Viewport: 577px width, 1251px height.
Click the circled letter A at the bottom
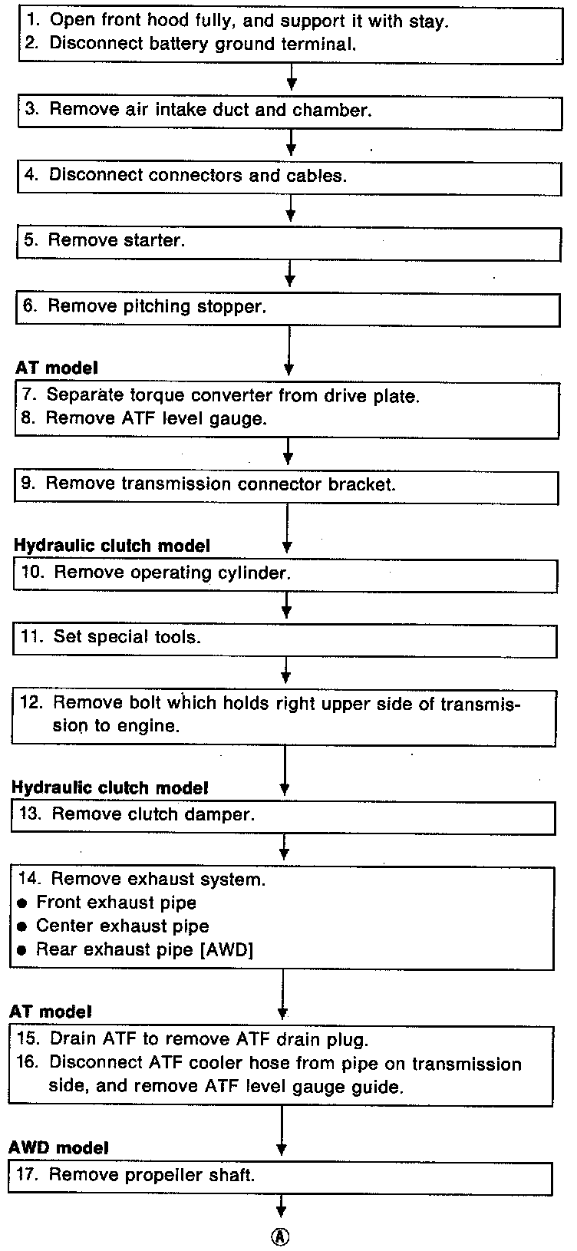pyautogui.click(x=281, y=1236)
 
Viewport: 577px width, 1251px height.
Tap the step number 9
pyautogui.click(x=28, y=484)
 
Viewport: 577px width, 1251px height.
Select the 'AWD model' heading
pyautogui.click(x=58, y=1147)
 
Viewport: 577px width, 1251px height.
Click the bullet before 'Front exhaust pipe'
pyautogui.click(x=21, y=903)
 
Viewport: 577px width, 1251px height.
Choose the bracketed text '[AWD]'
pyautogui.click(x=228, y=949)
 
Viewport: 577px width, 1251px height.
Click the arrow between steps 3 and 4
pyautogui.click(x=291, y=141)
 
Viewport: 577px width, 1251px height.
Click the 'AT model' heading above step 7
pyautogui.click(x=57, y=368)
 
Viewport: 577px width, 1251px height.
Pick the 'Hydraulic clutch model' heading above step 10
pyautogui.click(x=111, y=546)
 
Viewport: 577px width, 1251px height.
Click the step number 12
pyautogui.click(x=31, y=702)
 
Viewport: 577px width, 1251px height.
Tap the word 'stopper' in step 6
pyautogui.click(x=232, y=306)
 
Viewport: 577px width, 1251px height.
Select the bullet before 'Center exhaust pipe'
pyautogui.click(x=21, y=926)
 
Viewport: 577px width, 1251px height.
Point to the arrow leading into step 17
pyautogui.click(x=282, y=1132)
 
